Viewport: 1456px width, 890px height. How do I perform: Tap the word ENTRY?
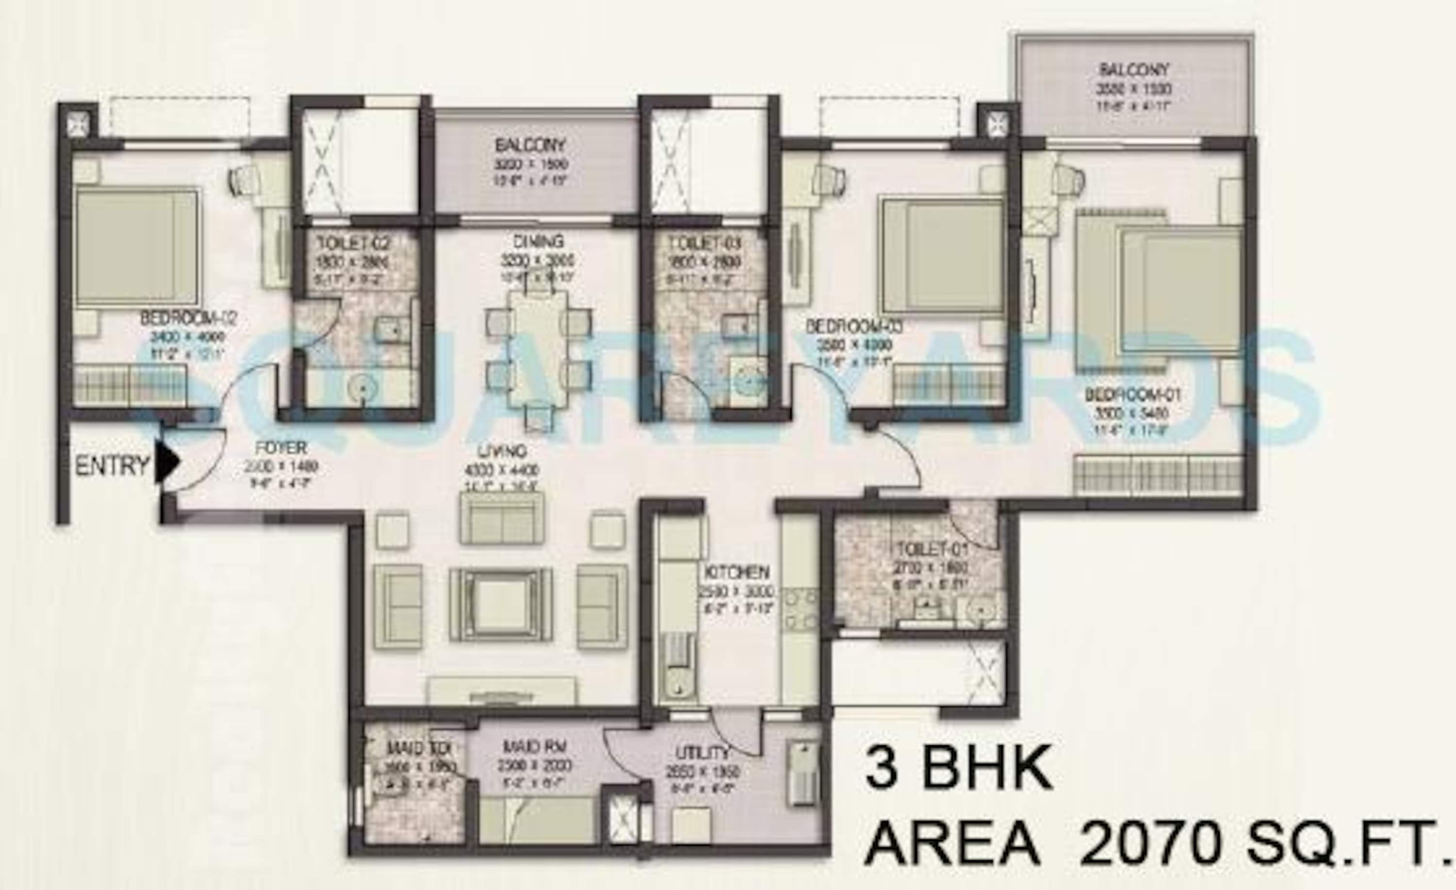point(112,466)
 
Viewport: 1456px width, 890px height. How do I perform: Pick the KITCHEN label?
point(736,572)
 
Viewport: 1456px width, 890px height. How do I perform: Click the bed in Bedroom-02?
point(137,245)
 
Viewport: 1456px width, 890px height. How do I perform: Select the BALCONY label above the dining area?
point(530,145)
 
